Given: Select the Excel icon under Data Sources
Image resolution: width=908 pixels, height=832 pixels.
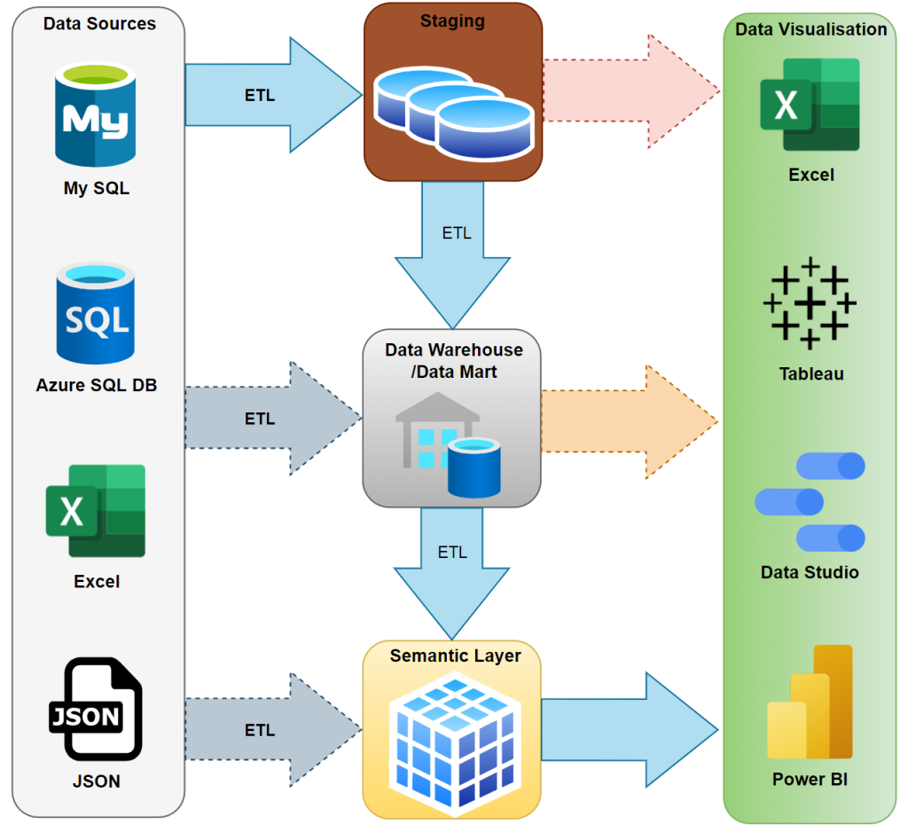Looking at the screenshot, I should pyautogui.click(x=96, y=510).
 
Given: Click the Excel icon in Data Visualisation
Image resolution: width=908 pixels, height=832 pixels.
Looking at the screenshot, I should pyautogui.click(x=810, y=105).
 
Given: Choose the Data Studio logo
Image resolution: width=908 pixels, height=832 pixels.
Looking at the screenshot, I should pyautogui.click(x=810, y=502).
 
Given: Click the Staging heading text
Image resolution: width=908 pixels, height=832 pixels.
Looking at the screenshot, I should pyautogui.click(x=453, y=21).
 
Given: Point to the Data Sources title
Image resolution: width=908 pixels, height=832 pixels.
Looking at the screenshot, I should pyautogui.click(x=99, y=24).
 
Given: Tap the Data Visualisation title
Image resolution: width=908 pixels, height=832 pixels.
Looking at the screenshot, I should pyautogui.click(x=810, y=29).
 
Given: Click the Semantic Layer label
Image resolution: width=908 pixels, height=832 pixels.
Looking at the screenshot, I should pyautogui.click(x=455, y=656).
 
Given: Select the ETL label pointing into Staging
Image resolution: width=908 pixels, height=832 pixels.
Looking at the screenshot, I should pyautogui.click(x=260, y=95).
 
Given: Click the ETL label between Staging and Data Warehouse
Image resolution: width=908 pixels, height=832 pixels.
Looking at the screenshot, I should pyautogui.click(x=456, y=233).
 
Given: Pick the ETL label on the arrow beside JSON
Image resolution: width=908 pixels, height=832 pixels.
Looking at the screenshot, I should pyautogui.click(x=260, y=730).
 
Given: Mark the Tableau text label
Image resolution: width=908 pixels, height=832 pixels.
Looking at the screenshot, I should pyautogui.click(x=810, y=373).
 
